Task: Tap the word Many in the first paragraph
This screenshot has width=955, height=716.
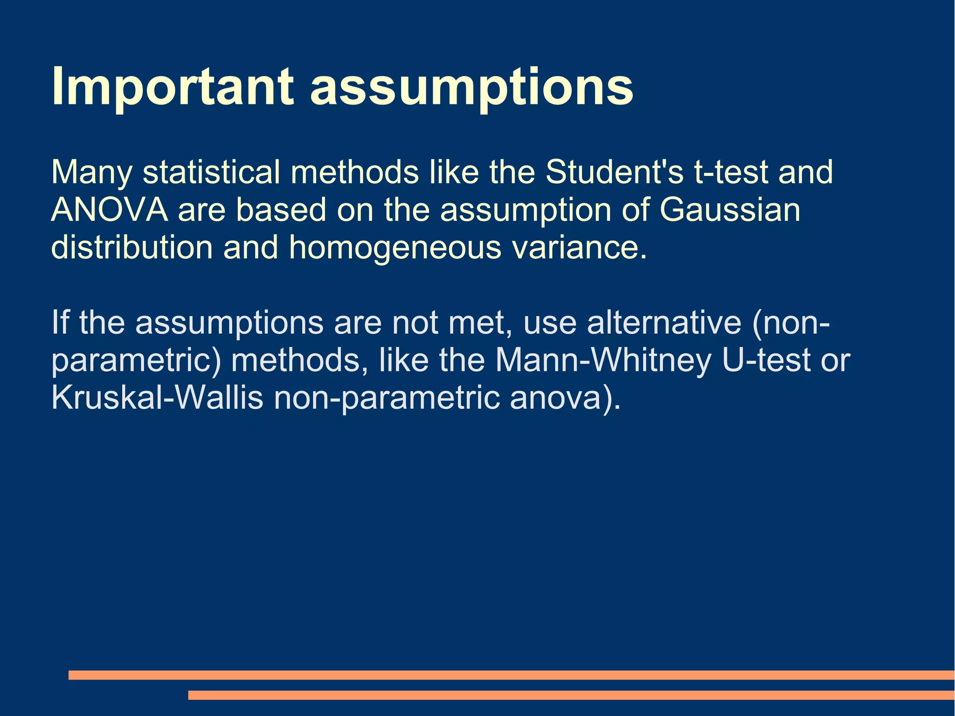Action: tap(91, 173)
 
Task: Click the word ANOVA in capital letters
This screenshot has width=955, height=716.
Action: tap(109, 210)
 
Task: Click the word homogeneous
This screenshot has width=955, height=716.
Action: tap(394, 248)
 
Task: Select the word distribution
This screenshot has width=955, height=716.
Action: tap(131, 248)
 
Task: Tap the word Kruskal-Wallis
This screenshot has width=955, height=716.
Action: tap(157, 398)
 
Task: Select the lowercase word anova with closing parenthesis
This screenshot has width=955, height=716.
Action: tap(565, 399)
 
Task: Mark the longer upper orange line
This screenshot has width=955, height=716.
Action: tap(511, 675)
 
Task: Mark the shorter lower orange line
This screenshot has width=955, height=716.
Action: tap(571, 695)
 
